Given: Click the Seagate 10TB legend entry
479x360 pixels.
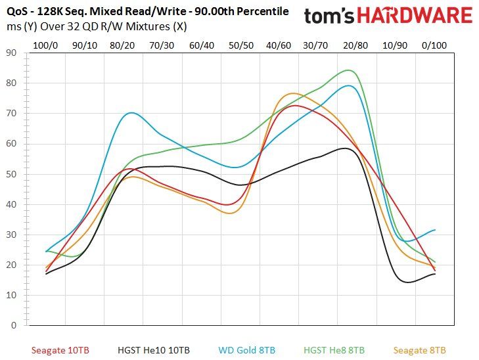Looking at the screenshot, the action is click(60, 350).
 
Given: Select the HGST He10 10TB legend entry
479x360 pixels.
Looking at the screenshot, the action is click(154, 350).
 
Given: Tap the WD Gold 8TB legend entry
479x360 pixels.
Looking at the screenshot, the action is click(247, 350).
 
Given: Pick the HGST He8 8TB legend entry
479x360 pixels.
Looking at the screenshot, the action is click(334, 350).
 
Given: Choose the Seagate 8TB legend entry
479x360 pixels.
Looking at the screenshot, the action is click(419, 350).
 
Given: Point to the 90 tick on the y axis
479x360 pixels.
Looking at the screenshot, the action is click(11, 53).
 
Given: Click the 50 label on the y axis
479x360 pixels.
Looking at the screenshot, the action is click(11, 174).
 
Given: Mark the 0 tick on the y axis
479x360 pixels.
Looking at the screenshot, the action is click(14, 325).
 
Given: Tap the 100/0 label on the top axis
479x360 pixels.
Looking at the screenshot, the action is click(45, 45).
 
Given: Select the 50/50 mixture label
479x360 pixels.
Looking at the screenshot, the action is click(241, 45).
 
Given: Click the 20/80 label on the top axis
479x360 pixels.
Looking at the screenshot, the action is click(355, 45).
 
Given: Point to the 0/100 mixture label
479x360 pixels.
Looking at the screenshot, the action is click(434, 45).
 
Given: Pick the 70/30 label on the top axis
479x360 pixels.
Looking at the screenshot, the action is click(162, 45).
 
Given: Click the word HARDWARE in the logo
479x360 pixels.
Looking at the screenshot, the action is click(415, 15).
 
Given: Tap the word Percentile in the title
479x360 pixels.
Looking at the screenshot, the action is click(263, 12).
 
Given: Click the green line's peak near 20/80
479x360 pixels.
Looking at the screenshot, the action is click(348, 70).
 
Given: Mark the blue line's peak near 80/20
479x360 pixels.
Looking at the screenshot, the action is click(131, 113).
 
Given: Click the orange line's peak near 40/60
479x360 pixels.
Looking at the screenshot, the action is click(293, 93).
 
